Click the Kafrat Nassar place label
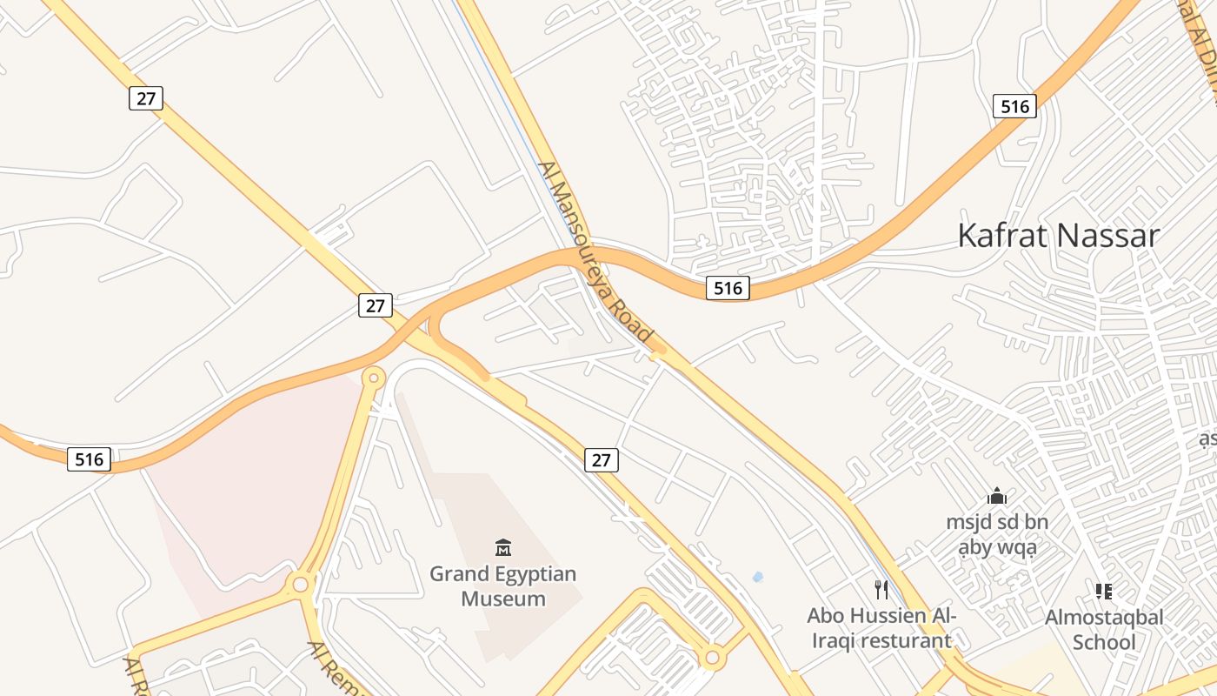tap(1058, 236)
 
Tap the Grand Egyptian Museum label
tap(503, 586)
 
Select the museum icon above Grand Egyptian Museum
tap(503, 547)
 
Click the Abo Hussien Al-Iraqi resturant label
tap(881, 628)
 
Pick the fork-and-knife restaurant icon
tap(881, 590)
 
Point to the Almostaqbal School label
tap(1103, 629)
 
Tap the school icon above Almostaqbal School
tap(1104, 592)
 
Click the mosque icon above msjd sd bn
tap(997, 497)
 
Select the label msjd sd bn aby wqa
tap(997, 534)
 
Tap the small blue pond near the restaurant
tap(757, 577)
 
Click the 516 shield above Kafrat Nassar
tap(1014, 107)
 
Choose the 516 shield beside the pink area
tap(90, 458)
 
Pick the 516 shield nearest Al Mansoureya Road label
tap(728, 288)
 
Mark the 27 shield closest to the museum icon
tap(601, 459)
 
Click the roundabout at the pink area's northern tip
tap(374, 378)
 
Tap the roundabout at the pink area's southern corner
tap(301, 584)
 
